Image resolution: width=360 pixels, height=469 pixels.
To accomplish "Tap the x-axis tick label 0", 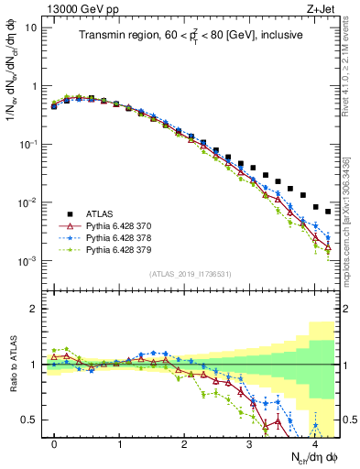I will (54, 443).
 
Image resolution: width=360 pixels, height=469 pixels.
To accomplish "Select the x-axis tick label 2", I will (184, 443).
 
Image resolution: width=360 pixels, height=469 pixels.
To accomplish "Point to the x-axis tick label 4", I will (314, 443).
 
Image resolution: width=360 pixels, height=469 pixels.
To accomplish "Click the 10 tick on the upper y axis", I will (31, 27).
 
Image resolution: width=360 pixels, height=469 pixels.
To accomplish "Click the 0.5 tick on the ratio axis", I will (29, 420).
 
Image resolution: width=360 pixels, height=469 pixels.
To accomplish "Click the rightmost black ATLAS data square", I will (327, 212).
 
